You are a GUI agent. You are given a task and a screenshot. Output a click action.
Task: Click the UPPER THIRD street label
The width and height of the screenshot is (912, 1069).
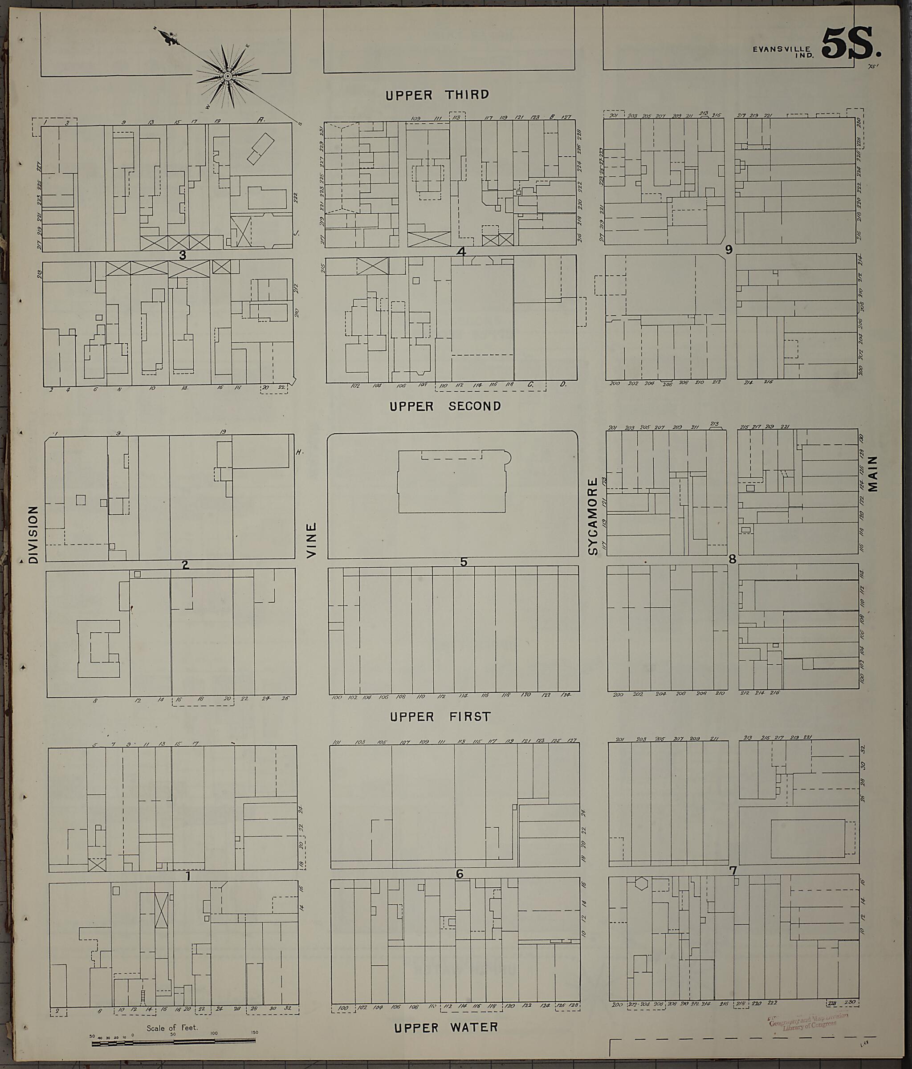point(437,95)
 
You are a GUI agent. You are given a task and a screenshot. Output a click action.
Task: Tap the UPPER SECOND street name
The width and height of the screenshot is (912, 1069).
point(445,406)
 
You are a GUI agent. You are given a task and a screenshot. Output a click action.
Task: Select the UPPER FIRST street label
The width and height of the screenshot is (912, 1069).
point(440,717)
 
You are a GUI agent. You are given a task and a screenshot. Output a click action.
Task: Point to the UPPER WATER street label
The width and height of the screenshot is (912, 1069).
point(446,1027)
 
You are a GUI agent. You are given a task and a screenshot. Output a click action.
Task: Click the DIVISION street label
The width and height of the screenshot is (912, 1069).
point(33,534)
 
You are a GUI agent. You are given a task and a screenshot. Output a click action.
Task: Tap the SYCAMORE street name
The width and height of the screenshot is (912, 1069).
point(593,516)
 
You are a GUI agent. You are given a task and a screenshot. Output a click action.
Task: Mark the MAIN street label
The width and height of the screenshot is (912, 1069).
point(873,473)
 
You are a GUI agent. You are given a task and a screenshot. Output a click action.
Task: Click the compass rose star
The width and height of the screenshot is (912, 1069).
point(227,77)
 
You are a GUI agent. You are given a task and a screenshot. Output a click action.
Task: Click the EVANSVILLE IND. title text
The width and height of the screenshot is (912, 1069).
point(783,52)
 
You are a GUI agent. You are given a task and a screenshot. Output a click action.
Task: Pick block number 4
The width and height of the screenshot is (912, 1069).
point(461,252)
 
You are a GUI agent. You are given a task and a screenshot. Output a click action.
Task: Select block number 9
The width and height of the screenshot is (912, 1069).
point(728,250)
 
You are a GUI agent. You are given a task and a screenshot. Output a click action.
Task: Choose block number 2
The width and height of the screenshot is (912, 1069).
point(185,565)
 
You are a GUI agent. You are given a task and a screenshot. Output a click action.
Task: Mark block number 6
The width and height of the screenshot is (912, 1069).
point(460,874)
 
